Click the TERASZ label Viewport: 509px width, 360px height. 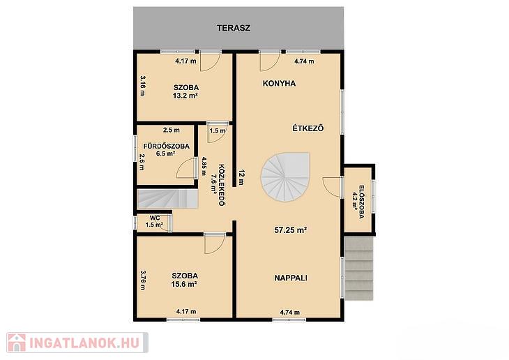pos(234,28)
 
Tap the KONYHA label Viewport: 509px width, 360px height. pos(279,84)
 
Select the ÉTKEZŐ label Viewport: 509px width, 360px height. pos(308,128)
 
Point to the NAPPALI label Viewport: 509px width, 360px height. pos(291,278)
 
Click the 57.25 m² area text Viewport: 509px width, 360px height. pos(291,230)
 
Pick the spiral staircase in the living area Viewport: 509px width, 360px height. pos(285,177)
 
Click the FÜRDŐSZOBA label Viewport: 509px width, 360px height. pos(167,147)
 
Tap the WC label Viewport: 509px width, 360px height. pos(155,218)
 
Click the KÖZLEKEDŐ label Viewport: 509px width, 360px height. pos(222,185)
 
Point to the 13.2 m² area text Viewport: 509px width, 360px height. pos(185,96)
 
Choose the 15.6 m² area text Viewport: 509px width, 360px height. pos(184,284)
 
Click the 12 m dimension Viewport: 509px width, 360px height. pos(241,177)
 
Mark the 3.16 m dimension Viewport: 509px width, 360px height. pos(142,86)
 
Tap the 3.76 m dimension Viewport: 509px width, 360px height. pos(142,280)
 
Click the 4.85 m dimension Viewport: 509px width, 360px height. pos(204,166)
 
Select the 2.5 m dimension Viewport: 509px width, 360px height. pos(172,130)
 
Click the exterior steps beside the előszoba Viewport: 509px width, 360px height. pos(358,269)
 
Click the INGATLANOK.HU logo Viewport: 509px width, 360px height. pos(77,343)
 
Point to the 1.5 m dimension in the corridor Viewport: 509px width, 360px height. pos(218,131)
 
